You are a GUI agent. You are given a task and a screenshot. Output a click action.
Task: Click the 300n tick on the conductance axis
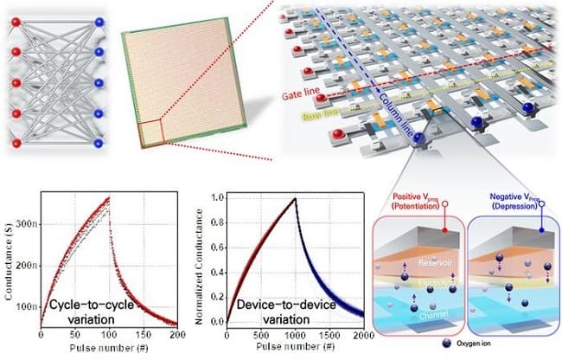click(27, 222)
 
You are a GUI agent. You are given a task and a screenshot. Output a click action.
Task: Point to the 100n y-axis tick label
click(27, 306)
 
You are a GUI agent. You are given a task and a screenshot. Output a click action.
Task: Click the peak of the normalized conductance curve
click(293, 199)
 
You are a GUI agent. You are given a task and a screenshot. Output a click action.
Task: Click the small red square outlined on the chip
click(151, 135)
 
